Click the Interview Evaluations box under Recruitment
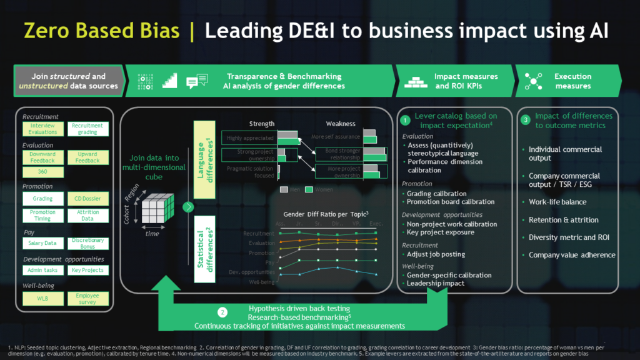tap(43, 129)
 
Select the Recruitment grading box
tap(87, 129)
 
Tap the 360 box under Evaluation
tap(43, 172)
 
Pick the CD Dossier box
tap(87, 199)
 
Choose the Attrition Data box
tap(87, 215)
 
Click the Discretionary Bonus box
tap(87, 242)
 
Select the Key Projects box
tap(87, 270)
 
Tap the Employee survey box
tap(87, 298)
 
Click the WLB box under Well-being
tap(43, 298)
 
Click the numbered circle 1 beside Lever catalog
tap(405, 119)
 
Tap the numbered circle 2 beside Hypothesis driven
tap(222, 312)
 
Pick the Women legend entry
tap(321, 189)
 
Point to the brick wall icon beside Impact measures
tap(415, 81)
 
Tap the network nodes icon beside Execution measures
tap(533, 81)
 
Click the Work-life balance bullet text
tap(557, 202)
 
